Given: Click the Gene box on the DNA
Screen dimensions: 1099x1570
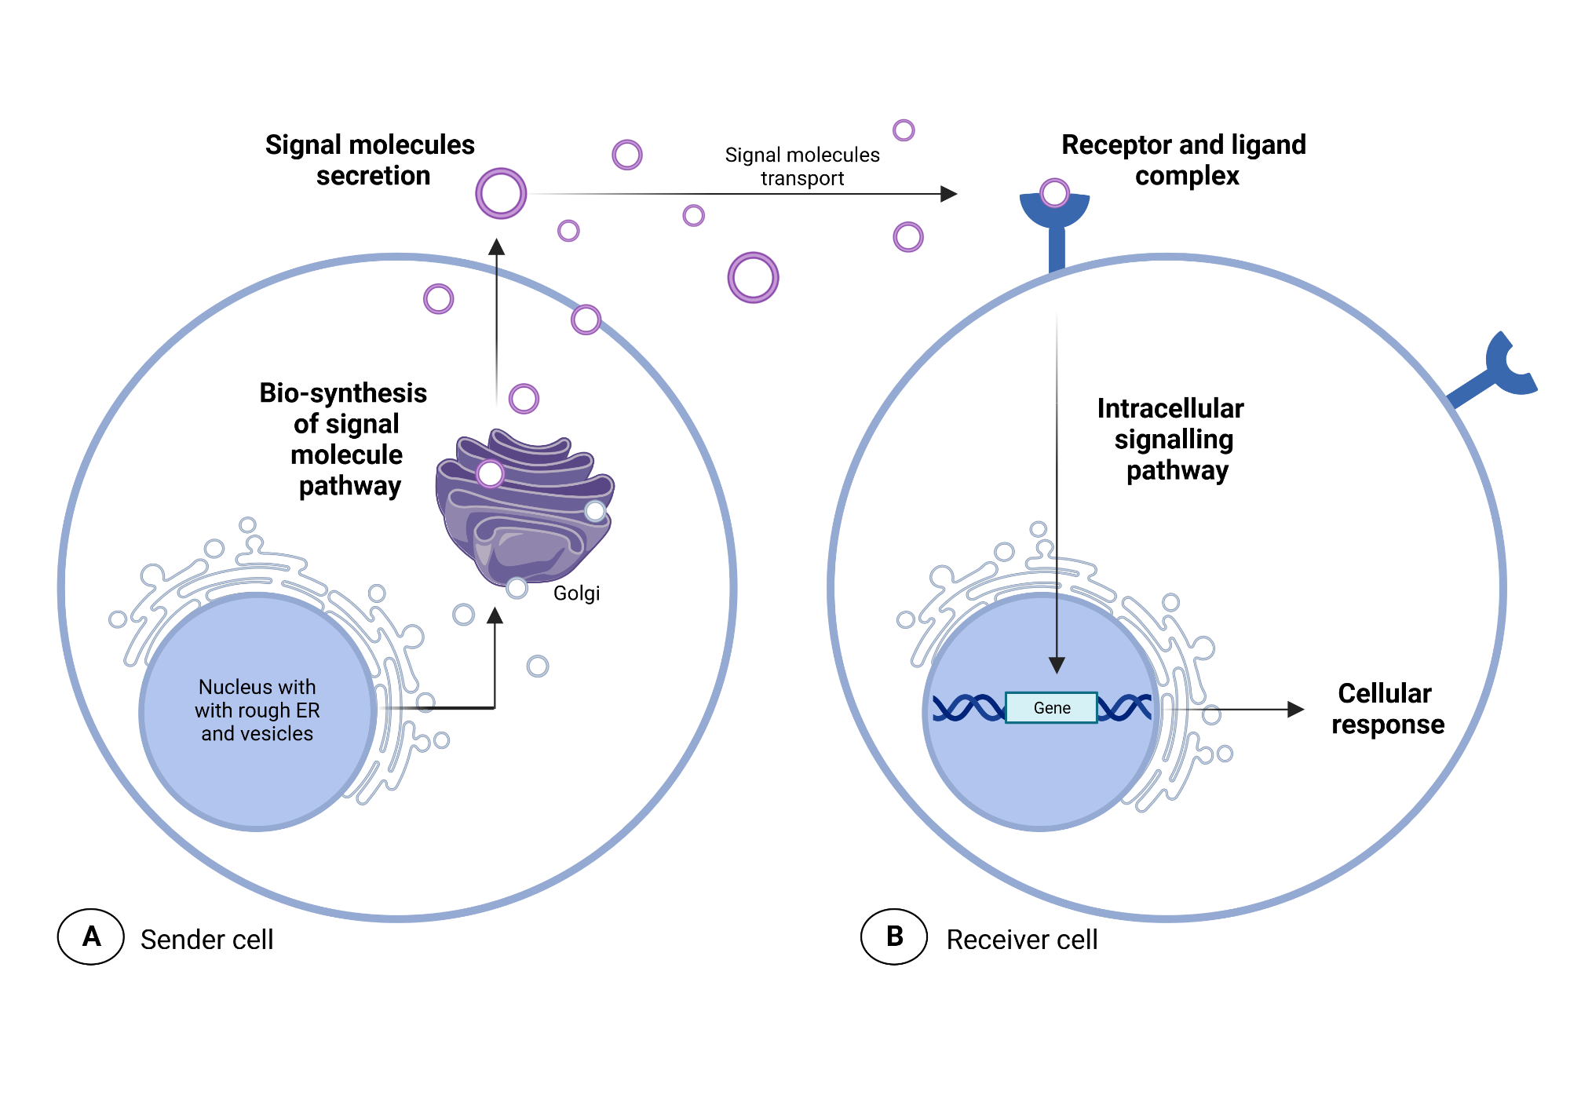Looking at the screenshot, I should pos(1051,707).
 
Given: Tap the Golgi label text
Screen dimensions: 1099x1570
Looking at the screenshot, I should pos(576,593).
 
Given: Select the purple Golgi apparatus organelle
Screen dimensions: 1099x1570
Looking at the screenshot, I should pos(524,510).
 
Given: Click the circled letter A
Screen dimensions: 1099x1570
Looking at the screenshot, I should pos(91,937).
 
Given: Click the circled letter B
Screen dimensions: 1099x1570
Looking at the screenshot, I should pos(894,937).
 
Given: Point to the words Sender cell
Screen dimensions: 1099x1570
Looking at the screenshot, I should pos(206,940).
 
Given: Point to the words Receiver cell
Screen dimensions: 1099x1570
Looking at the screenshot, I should pos(1021,940).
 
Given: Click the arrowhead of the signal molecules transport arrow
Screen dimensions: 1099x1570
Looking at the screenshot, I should pos(949,194).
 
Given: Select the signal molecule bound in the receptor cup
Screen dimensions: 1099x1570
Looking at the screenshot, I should pos(1054,192).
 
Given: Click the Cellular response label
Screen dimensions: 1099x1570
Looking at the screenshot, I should pos(1387,709).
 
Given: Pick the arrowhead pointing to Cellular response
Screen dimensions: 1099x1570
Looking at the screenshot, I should pos(1296,710).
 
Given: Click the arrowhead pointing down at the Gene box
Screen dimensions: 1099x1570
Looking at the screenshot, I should pos(1057,666).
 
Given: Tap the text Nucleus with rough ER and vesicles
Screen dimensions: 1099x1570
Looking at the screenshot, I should pos(257,710).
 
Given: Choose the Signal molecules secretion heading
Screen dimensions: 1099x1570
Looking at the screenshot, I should pos(371,160).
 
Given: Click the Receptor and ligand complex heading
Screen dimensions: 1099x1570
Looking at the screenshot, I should pos(1184,160).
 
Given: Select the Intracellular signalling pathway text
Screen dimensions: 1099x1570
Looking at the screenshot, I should pos(1172,440).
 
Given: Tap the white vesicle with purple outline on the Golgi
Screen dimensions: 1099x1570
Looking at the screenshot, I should pos(490,473).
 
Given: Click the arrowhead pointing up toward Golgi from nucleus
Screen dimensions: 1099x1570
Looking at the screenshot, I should pos(495,615).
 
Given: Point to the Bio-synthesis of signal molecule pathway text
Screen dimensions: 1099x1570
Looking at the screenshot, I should pos(345,440).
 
